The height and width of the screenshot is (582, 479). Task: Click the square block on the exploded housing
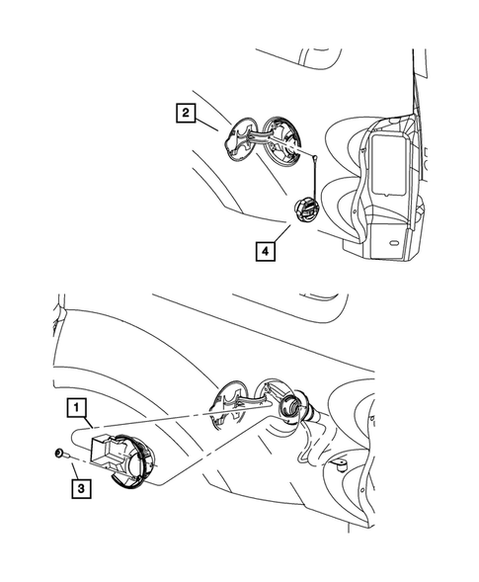[x=104, y=447]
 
